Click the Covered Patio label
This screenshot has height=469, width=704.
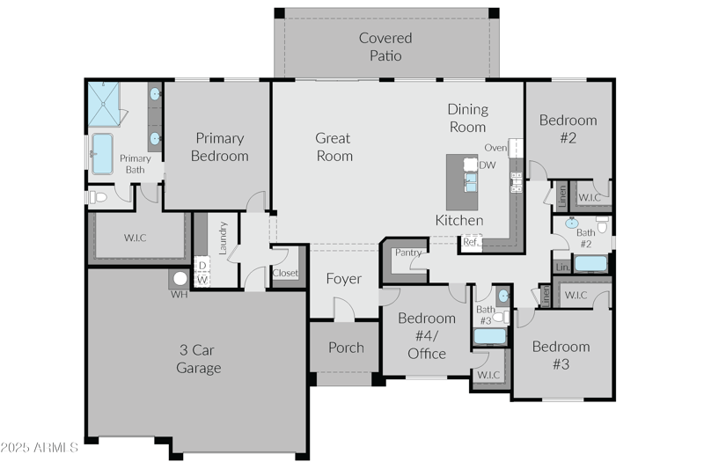tap(385, 47)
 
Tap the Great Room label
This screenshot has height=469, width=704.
tap(334, 147)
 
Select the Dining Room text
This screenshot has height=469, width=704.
tap(466, 118)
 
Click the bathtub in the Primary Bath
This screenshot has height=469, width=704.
tap(103, 153)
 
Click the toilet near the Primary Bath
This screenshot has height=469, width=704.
tap(98, 197)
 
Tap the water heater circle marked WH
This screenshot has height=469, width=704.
tap(180, 279)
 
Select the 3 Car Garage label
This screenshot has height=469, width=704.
tap(198, 358)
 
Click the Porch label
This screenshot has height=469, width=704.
tap(346, 348)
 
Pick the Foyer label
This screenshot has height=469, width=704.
tap(343, 279)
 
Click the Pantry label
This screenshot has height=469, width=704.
tap(407, 253)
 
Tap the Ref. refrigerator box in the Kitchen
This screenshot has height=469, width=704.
tap(472, 242)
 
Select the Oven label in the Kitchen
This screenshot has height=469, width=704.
tap(495, 148)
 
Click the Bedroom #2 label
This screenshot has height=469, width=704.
tap(568, 128)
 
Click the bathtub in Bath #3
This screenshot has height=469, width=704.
tap(490, 335)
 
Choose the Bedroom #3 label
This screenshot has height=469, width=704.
tap(561, 355)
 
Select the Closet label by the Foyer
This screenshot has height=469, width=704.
tap(285, 274)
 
